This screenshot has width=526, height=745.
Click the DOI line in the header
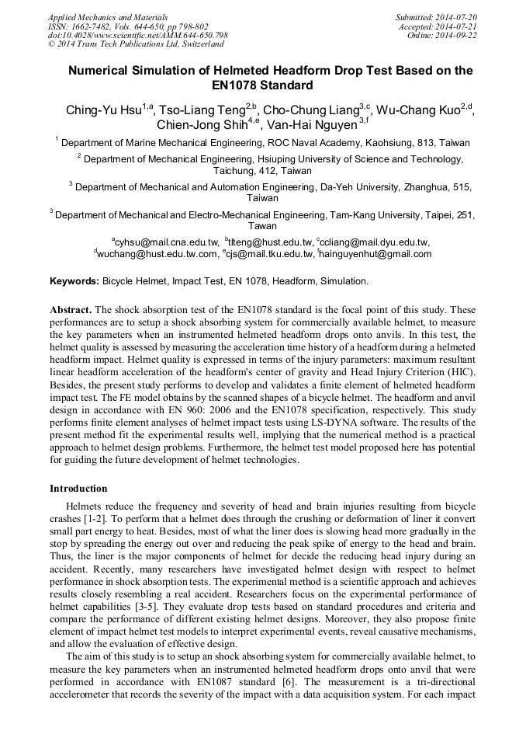click(137, 35)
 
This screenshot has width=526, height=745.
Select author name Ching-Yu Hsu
click(103, 111)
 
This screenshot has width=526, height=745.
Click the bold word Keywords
click(74, 280)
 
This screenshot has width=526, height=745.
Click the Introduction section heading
click(78, 489)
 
